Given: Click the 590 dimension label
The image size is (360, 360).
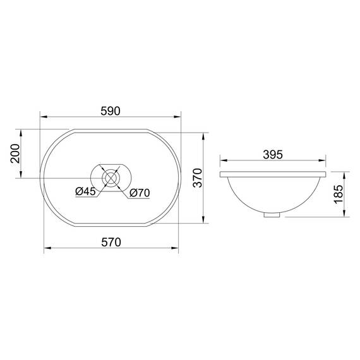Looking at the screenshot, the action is (111, 111).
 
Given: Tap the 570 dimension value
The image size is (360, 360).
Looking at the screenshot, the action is (111, 243).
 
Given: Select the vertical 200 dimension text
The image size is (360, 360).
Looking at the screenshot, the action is (15, 153).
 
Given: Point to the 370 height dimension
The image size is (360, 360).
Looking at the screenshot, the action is (198, 178).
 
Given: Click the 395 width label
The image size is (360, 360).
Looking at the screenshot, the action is (273, 155).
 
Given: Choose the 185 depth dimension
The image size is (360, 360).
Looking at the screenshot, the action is (339, 194).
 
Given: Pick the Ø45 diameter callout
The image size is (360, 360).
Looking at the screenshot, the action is (85, 191).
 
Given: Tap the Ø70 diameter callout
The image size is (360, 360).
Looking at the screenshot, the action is (140, 193).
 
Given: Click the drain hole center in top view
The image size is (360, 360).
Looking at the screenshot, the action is (111, 178).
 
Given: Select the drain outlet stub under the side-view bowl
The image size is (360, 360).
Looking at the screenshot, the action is (272, 215).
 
